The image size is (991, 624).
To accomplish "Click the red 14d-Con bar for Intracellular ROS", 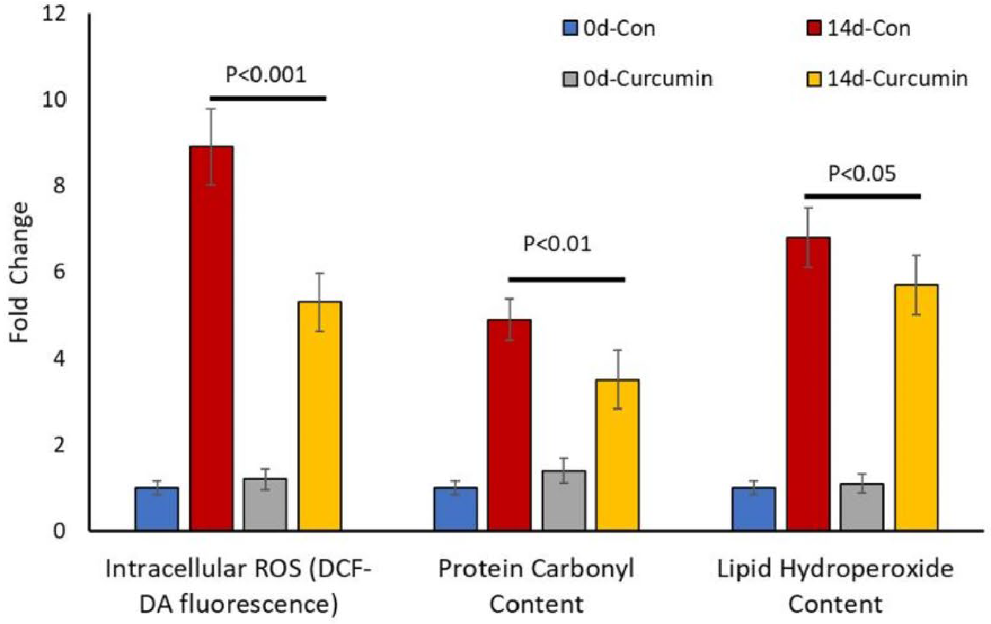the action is [x=212, y=338].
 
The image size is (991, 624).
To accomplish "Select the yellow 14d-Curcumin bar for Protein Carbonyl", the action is [x=617, y=455].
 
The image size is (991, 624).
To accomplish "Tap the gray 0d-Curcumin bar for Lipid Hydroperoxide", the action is [x=862, y=508].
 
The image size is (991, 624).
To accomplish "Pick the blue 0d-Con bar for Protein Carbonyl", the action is [x=455, y=509].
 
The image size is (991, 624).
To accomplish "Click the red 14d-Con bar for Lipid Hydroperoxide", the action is [x=809, y=384].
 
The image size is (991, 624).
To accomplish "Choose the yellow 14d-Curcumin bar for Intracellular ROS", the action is [x=319, y=416].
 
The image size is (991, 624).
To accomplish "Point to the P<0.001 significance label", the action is [x=266, y=75].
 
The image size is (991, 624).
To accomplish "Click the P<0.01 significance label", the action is [x=557, y=244].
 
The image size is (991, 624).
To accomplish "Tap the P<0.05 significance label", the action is [x=862, y=173].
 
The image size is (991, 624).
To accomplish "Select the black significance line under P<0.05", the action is [x=863, y=197].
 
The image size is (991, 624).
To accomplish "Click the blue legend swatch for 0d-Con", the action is [x=569, y=28].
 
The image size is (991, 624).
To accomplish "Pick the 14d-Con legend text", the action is [x=869, y=29].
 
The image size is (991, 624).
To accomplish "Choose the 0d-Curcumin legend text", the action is [x=648, y=79].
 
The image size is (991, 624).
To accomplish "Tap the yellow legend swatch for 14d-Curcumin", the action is [x=814, y=79].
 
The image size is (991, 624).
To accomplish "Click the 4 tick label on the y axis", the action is [x=59, y=359].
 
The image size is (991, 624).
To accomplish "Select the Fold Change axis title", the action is [x=20, y=272].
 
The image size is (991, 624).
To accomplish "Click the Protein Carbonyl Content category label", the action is [x=536, y=587].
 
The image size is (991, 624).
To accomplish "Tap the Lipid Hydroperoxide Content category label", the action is [x=835, y=587].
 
